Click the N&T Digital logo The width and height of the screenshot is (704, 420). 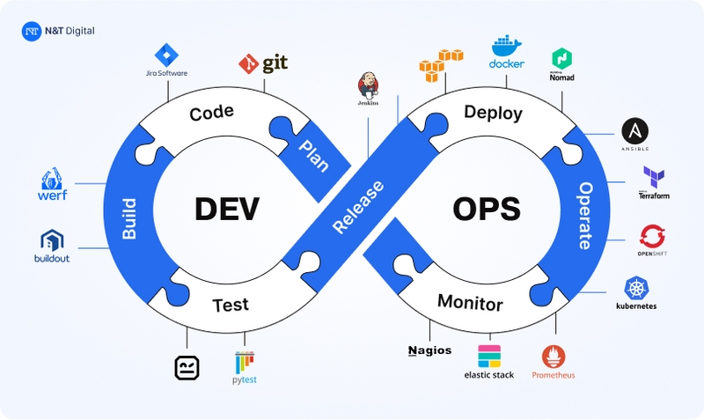point(33,31)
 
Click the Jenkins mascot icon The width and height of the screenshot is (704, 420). point(368,86)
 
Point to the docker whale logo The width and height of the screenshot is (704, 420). point(507,46)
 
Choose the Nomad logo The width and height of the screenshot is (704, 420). point(561,59)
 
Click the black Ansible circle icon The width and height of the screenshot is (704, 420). point(635,131)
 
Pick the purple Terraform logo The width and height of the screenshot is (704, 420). point(653,176)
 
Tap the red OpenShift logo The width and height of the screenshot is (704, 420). point(652,235)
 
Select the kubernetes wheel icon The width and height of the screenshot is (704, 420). point(636,287)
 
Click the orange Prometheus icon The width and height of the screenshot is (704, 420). point(554,356)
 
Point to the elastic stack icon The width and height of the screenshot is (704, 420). point(488,356)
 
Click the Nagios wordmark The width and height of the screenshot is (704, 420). point(429,350)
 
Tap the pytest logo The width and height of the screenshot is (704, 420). point(245,363)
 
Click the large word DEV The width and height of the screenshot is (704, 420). point(226,209)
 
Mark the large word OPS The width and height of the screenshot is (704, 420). point(486,209)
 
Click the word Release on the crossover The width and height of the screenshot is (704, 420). point(356,207)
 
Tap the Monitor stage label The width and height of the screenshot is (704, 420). point(470,305)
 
